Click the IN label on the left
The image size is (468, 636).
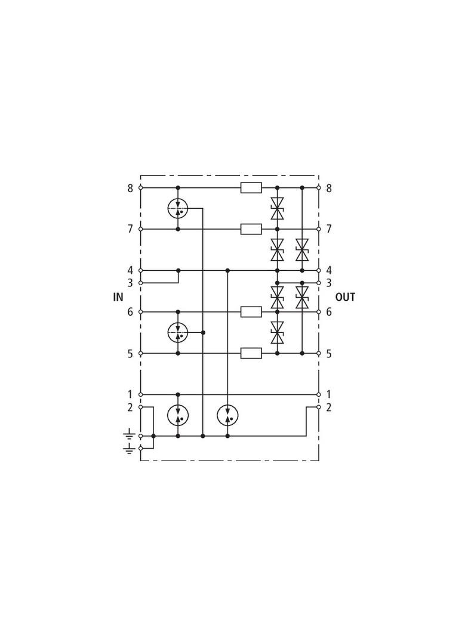(118, 297)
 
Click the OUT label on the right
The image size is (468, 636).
(345, 297)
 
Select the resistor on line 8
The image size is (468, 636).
(251, 188)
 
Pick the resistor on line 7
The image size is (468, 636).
(251, 229)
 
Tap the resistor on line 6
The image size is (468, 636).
(251, 312)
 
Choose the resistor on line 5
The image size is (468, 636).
(251, 353)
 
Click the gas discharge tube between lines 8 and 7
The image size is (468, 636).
(178, 208)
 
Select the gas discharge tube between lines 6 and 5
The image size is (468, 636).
(178, 332)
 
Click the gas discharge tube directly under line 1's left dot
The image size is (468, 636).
(178, 415)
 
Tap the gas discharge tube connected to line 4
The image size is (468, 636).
(227, 415)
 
